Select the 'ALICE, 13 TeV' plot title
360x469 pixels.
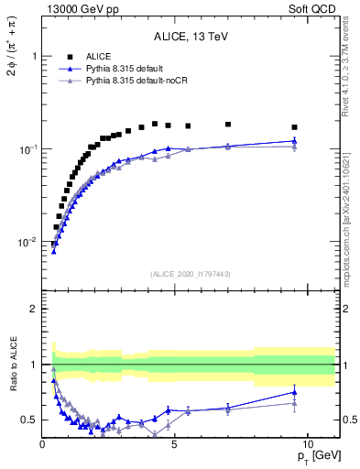[x=191, y=37]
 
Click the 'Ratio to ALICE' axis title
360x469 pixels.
[x=15, y=365]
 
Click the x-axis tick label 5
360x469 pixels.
[x=175, y=443]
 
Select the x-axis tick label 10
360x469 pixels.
[x=307, y=443]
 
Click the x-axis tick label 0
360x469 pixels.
[x=43, y=443]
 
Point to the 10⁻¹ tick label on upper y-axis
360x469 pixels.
[x=27, y=149]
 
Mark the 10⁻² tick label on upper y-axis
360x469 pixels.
[x=27, y=243]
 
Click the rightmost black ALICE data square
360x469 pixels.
[x=294, y=127]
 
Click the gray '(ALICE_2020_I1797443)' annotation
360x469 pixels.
[x=190, y=274]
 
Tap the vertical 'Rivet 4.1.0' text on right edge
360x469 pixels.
[x=352, y=73]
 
